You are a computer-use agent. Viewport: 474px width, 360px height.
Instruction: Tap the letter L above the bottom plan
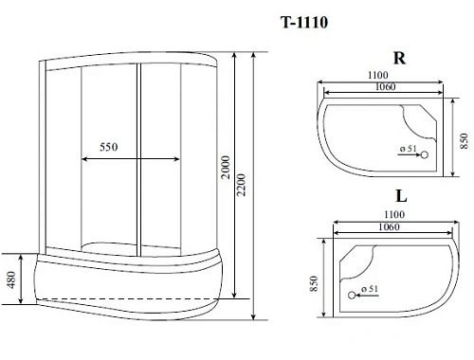click(x=401, y=196)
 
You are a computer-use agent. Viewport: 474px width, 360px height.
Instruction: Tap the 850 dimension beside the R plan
click(x=462, y=140)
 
